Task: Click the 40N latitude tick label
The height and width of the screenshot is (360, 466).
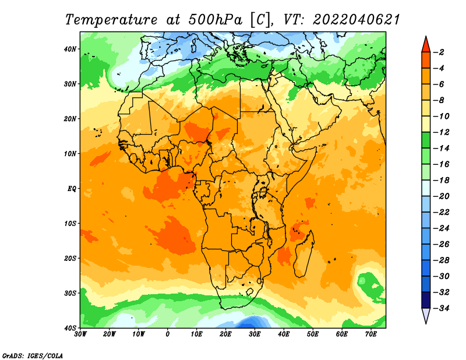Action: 70,49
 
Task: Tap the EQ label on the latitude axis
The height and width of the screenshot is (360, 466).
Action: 72,189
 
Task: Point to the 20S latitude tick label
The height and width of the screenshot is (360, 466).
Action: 70,258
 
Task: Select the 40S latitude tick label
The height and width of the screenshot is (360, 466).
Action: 70,328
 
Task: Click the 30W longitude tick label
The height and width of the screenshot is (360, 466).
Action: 80,334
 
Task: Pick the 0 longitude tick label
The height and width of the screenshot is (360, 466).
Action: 168,334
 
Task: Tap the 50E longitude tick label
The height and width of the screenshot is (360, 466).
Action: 313,334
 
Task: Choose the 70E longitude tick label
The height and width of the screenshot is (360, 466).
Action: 371,334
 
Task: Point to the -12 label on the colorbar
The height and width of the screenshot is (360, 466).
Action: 442,132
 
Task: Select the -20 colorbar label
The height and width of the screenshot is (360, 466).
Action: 442,196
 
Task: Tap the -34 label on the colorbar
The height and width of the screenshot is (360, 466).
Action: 442,308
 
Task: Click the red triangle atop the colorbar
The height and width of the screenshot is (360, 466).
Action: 426,45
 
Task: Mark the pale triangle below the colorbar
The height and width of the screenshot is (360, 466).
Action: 426,315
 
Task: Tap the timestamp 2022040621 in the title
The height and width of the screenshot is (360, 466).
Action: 356,20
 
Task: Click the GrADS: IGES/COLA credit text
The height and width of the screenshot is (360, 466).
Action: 33,356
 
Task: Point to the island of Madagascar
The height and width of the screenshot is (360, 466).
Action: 303,254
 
